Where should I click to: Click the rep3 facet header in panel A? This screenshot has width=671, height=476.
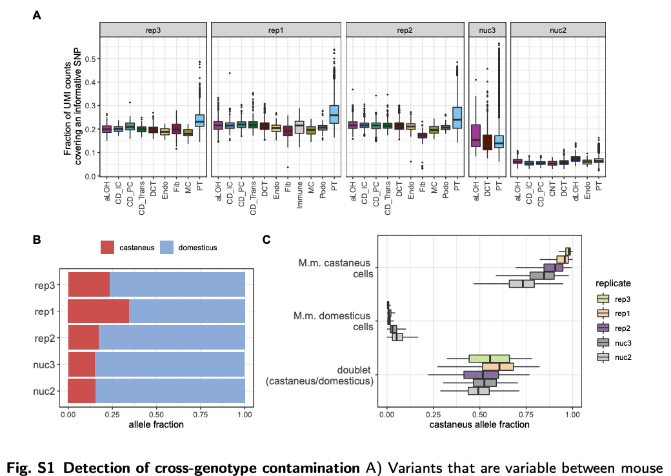pyautogui.click(x=154, y=30)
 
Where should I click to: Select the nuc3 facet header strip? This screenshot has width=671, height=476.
pyautogui.click(x=487, y=30)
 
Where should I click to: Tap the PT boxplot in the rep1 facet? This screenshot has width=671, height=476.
pyautogui.click(x=334, y=114)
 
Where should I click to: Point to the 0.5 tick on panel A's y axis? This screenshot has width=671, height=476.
pyautogui.click(x=91, y=59)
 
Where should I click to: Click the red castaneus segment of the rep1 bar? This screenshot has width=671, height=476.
pyautogui.click(x=99, y=311)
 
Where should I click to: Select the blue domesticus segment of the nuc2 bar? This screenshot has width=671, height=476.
pyautogui.click(x=170, y=391)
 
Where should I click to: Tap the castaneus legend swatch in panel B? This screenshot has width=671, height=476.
pyautogui.click(x=107, y=248)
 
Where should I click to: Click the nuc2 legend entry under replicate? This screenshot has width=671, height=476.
pyautogui.click(x=622, y=357)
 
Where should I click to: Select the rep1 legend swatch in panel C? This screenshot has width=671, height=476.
pyautogui.click(x=604, y=313)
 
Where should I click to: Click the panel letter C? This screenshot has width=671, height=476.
pyautogui.click(x=266, y=239)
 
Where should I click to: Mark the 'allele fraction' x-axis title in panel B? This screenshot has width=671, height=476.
pyautogui.click(x=156, y=424)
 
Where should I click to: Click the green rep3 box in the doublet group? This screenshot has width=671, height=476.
pyautogui.click(x=490, y=359)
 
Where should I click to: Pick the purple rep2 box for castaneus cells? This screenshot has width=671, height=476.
pyautogui.click(x=554, y=267)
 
